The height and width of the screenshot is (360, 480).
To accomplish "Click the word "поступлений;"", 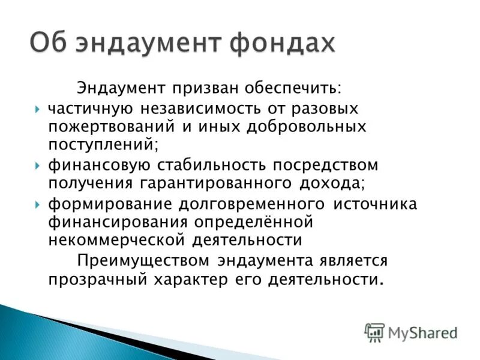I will tap(104, 145).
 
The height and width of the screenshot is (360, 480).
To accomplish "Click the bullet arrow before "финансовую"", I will tap(38, 165).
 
